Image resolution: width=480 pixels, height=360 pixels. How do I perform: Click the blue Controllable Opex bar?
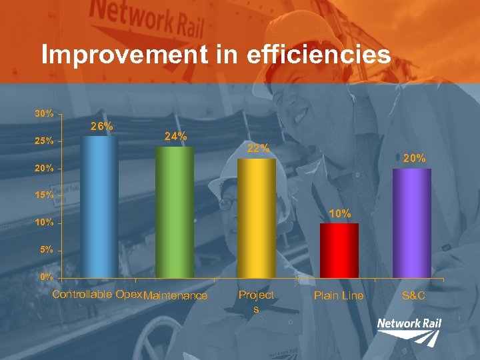coord(99,207)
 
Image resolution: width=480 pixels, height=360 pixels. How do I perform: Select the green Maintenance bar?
coord(174,212)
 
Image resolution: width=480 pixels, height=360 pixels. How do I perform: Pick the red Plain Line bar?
coord(339,250)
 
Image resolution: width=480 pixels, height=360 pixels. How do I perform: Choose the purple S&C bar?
coord(411,223)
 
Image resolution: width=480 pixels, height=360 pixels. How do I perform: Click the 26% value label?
coord(101,126)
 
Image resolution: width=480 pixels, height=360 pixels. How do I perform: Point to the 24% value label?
coord(175,136)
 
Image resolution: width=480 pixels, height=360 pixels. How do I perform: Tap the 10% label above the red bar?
coord(340,213)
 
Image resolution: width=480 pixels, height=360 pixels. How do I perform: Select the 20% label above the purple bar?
coord(414,158)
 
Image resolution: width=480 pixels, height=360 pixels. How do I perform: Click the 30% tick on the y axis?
coord(45,113)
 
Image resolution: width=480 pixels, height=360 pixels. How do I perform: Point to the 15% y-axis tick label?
coord(45,195)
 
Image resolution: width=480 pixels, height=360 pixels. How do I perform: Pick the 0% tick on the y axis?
coord(47,276)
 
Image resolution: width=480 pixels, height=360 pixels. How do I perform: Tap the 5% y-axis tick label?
coord(47,250)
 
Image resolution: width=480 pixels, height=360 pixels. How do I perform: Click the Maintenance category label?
coord(176,295)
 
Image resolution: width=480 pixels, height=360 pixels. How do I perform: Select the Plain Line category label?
coord(339,295)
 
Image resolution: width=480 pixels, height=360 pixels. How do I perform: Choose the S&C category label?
coord(413,295)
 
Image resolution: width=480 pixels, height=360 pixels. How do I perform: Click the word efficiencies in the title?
coord(318,55)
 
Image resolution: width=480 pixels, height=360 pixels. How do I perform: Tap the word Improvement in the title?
coord(124,55)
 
